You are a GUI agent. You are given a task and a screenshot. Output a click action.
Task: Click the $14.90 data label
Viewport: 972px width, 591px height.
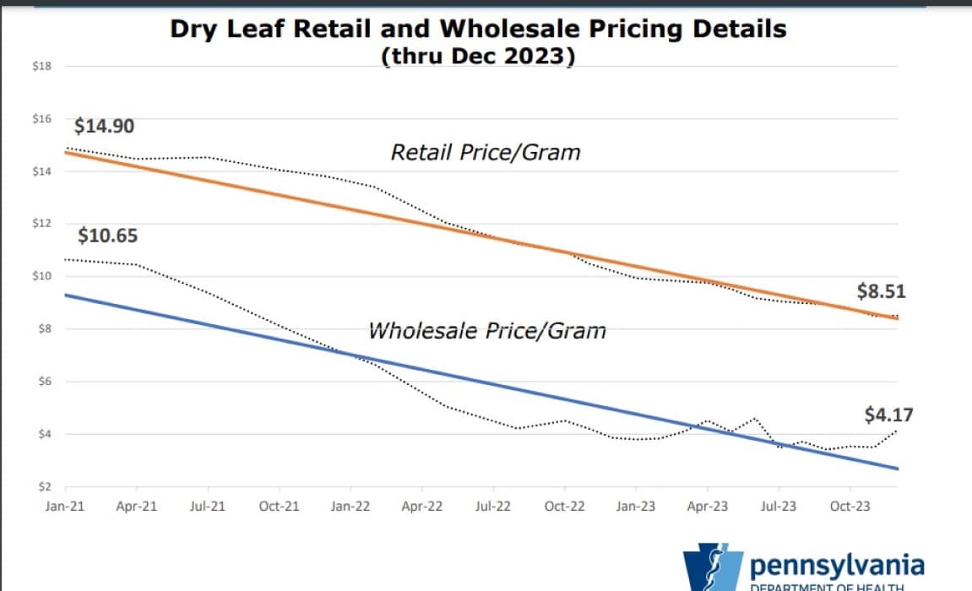pos(105,127)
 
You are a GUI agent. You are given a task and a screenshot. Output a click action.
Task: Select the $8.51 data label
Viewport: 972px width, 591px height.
pos(882,293)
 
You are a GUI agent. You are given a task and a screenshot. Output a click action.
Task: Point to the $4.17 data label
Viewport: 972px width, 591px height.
pos(888,415)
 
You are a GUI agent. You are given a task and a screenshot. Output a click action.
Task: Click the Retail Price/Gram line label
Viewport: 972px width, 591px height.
pos(486,153)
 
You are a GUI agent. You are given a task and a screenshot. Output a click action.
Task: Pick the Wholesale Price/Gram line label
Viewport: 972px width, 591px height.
pos(487,330)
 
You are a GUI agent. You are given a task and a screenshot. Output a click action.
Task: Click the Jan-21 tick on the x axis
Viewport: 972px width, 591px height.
pos(65,507)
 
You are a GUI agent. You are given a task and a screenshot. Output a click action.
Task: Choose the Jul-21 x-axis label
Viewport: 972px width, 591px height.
pos(208,507)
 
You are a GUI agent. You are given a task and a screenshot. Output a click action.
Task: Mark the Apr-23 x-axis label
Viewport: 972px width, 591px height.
pos(707,507)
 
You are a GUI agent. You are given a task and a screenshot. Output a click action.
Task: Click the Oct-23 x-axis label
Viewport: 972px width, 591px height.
pos(849,507)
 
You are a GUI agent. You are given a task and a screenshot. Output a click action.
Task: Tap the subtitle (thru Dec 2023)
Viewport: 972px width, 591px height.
pos(478,57)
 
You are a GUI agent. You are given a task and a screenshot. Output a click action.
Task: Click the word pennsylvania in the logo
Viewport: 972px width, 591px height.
pos(836,565)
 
